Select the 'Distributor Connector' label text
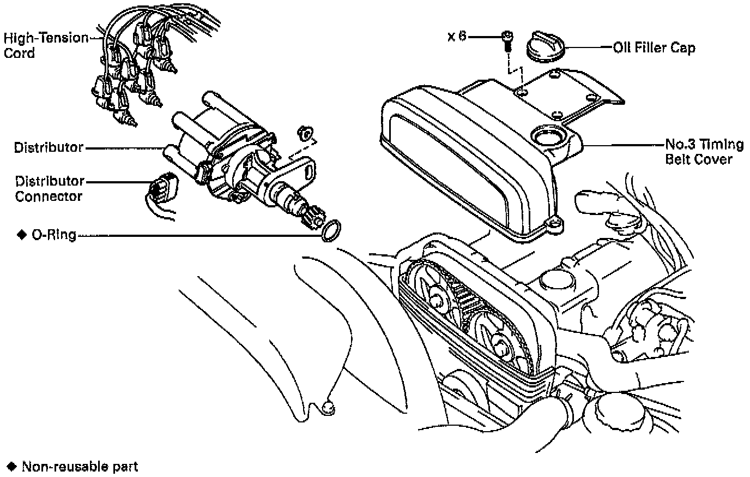(50, 188)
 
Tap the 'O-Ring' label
(53, 236)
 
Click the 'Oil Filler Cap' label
(654, 47)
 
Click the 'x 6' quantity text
(457, 37)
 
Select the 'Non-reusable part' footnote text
(80, 467)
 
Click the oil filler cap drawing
(545, 47)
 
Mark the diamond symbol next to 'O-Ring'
(22, 235)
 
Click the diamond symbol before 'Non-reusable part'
(12, 467)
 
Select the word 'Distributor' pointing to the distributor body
(49, 147)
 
